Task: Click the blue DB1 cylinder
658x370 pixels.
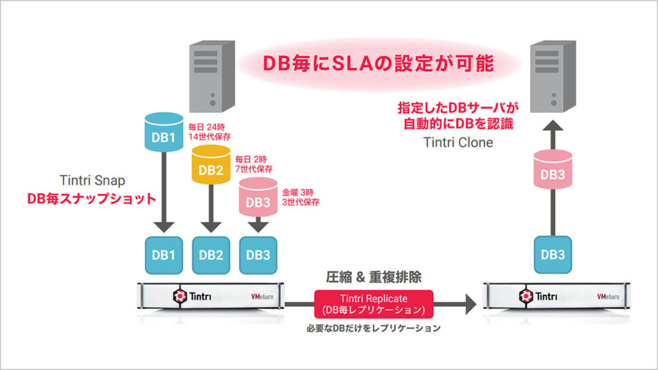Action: (163, 136)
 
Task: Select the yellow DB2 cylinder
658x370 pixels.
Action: (211, 167)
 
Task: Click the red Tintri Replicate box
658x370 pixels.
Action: (373, 304)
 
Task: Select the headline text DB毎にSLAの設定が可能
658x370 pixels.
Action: (377, 64)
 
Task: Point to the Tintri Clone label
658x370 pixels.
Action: (458, 142)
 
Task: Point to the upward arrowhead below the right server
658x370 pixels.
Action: (552, 132)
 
